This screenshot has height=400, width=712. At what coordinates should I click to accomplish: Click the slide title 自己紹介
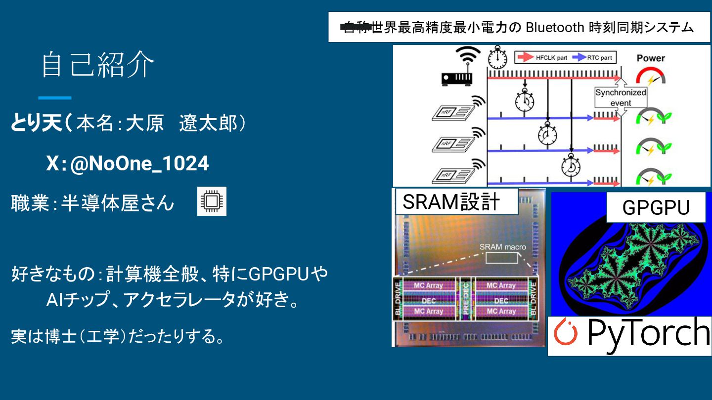click(98, 65)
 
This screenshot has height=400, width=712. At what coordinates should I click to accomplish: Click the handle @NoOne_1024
click(139, 163)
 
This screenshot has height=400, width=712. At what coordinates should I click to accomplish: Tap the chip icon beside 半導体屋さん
click(212, 201)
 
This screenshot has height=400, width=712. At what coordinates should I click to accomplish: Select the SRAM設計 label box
click(455, 201)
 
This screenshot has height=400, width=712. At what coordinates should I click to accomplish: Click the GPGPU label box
click(656, 207)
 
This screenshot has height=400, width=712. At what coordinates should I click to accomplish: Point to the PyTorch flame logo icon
click(566, 333)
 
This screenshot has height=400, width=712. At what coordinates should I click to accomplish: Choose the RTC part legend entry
click(593, 58)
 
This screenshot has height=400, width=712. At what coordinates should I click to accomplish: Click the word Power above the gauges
click(651, 58)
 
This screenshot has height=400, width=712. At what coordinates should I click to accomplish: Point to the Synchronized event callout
click(621, 97)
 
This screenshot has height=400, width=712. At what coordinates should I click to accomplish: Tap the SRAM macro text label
click(503, 247)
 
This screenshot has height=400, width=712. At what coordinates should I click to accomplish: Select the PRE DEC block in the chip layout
click(465, 299)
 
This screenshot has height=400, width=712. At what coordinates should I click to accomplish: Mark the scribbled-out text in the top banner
click(356, 28)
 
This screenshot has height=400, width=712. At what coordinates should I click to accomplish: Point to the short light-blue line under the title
click(55, 98)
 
